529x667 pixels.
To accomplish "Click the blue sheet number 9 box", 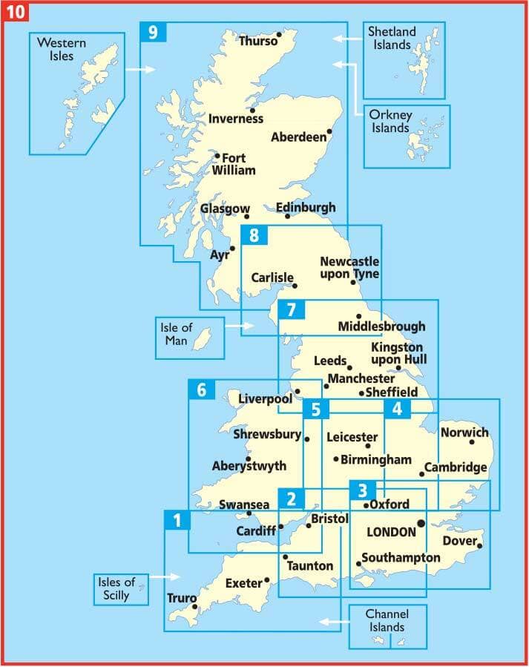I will pos(154,33).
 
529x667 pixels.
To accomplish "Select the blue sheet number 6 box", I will pos(202,390).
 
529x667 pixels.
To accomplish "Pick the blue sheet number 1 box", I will pos(177,521).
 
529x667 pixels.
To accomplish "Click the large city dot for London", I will pos(421,523).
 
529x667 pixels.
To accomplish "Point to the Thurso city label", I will pos(257,42).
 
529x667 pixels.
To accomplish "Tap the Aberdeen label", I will pos(298,137).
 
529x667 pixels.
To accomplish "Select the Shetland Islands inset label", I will pos(392,39).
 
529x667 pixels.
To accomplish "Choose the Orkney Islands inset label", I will pos(392,122).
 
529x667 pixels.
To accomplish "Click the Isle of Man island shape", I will pos(200,342).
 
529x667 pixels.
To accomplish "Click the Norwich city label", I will pos(465,433).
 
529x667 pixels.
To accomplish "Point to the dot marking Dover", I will pos(479,547).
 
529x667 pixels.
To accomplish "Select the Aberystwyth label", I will pos(249,467).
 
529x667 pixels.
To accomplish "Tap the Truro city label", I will pos(181,598).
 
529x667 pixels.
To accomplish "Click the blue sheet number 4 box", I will pos(398,409).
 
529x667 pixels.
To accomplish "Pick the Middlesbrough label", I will pos(381,326).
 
